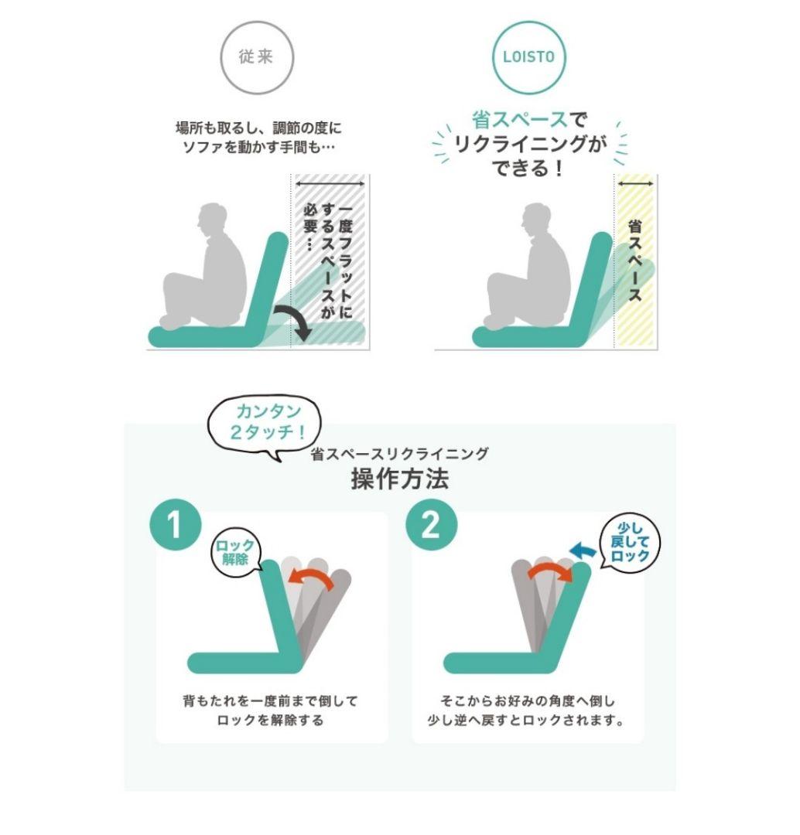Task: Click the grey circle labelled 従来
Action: pos(256,58)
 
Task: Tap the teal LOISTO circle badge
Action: pos(530,58)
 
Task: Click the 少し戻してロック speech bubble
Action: pos(631,544)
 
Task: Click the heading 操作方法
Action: pos(399,479)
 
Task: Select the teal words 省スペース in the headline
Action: pos(519,121)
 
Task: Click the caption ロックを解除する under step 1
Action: pos(270,721)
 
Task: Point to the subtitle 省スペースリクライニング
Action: pos(399,454)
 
